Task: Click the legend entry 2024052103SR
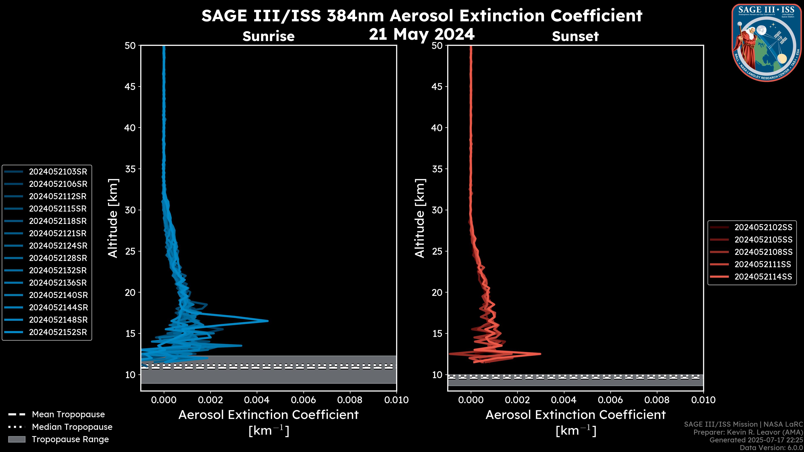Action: coord(58,172)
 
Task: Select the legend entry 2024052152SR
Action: coord(58,332)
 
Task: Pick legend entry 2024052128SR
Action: coord(58,258)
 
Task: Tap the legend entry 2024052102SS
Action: coord(763,227)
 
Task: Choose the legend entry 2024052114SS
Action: coord(763,277)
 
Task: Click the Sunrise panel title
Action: coord(268,36)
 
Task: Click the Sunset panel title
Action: coord(575,36)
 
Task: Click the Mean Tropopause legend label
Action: coord(68,415)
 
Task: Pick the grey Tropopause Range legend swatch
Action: coord(17,439)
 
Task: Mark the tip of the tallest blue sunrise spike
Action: coord(268,321)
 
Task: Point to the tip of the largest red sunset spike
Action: coord(540,354)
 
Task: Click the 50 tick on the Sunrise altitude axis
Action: coord(130,46)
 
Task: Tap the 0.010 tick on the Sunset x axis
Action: coord(703,400)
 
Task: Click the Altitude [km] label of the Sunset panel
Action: coord(420,218)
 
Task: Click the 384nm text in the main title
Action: coord(355,16)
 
